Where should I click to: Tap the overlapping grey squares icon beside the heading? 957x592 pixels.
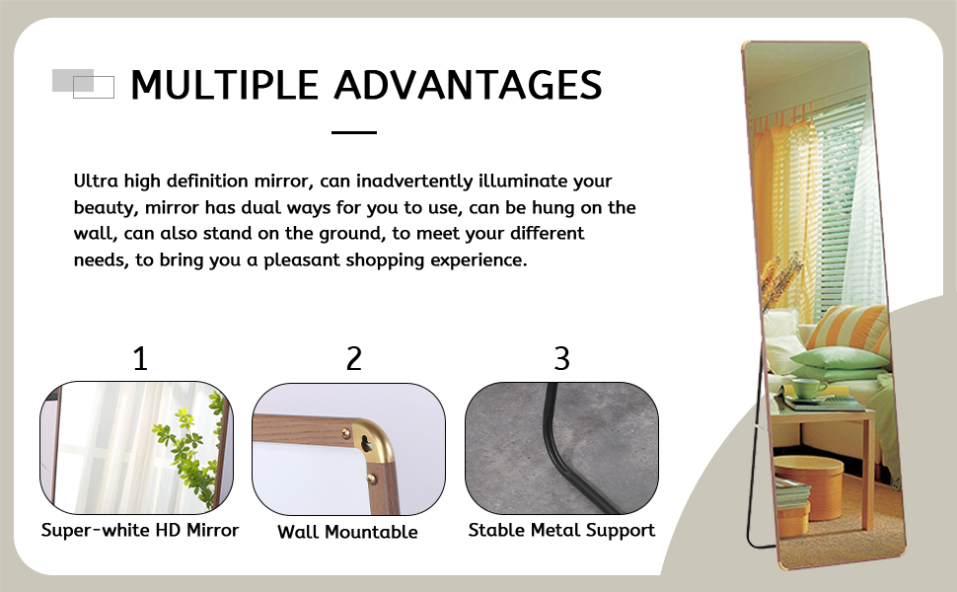pos(83,84)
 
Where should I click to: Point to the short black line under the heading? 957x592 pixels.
pos(354,132)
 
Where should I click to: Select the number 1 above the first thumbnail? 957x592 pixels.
pos(140,358)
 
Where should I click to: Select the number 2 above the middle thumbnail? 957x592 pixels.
pos(354,358)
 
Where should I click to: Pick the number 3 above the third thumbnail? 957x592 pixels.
pos(561,358)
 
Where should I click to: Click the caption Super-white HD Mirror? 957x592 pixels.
pos(140,530)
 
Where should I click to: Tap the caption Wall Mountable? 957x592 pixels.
pos(347,532)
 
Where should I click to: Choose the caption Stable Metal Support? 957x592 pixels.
pos(561,530)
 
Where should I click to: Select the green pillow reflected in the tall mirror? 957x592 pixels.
pos(841,358)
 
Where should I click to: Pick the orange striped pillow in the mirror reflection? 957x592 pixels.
pos(850,329)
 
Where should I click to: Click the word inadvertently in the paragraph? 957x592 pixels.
pos(414,181)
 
